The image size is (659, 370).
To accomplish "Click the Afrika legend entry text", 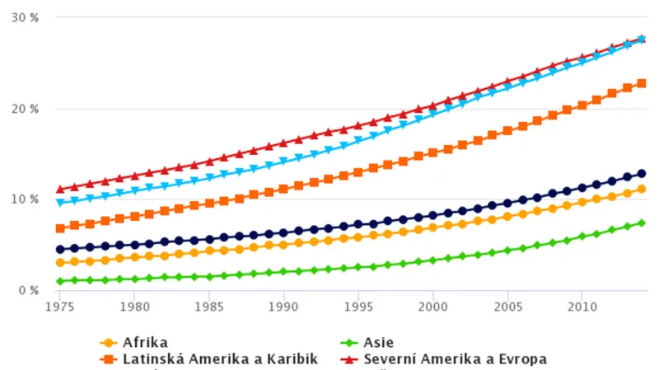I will point(146,342).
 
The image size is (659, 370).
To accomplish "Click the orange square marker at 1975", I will point(59,228).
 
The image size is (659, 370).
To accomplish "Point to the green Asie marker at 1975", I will point(59,281).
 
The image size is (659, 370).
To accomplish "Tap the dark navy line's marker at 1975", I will point(59,250).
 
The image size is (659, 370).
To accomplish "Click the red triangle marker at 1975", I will point(59,190).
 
